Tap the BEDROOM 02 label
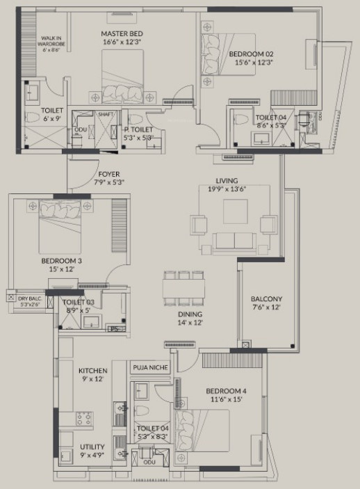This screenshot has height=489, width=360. click(251, 54)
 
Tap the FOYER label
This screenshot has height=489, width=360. click(109, 174)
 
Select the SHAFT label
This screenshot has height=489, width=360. click(106, 114)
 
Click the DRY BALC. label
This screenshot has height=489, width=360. click(28, 295)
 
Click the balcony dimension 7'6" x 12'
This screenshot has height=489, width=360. click(267, 307)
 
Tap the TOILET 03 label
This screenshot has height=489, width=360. click(79, 303)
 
